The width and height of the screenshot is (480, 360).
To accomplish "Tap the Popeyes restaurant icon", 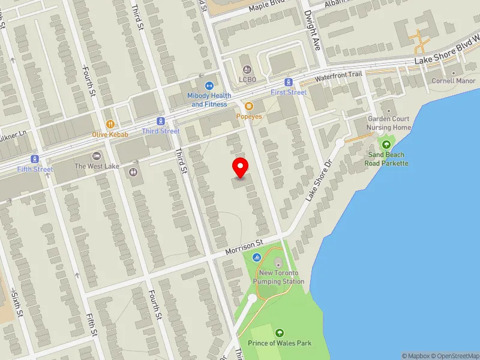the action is pos(248,106).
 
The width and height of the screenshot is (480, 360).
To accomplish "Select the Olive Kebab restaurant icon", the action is pos(110,124).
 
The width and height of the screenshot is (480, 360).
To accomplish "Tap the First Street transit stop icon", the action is pos(289,82).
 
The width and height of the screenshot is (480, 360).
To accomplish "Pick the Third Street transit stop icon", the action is pos(161,121).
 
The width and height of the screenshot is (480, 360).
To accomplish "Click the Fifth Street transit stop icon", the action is pos(35,159).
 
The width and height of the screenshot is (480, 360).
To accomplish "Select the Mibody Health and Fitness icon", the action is pos(209,86).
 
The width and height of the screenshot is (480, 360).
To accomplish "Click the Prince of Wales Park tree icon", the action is pos(279,333).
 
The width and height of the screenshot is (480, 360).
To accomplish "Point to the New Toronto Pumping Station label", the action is pos(278,277).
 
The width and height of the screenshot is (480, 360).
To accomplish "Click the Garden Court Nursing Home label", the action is pos(389,123).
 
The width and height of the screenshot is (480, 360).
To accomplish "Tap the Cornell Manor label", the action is pos(454,80).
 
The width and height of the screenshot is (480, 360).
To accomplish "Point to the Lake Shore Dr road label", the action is pos(319,180).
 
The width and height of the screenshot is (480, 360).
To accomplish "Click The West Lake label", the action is pos(97,166).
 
